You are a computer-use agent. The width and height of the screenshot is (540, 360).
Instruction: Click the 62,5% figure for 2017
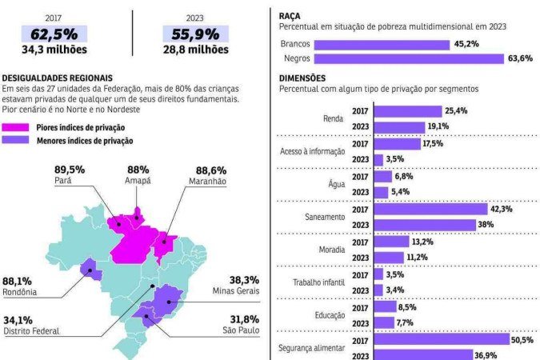54,34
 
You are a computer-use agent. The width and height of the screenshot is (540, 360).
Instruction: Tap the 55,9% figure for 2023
195,34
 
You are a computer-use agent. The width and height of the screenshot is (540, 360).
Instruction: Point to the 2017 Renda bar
407,111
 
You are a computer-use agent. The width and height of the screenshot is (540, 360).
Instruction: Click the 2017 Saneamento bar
430,209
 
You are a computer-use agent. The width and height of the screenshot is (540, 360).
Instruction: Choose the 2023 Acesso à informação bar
378,160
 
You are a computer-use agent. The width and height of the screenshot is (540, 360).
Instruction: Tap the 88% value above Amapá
138,170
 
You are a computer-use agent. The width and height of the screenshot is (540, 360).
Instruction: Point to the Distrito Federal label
31,331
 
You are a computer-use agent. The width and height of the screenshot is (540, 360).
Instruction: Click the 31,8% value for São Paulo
244,318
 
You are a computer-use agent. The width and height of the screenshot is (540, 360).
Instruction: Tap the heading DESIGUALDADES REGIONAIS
56,78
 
